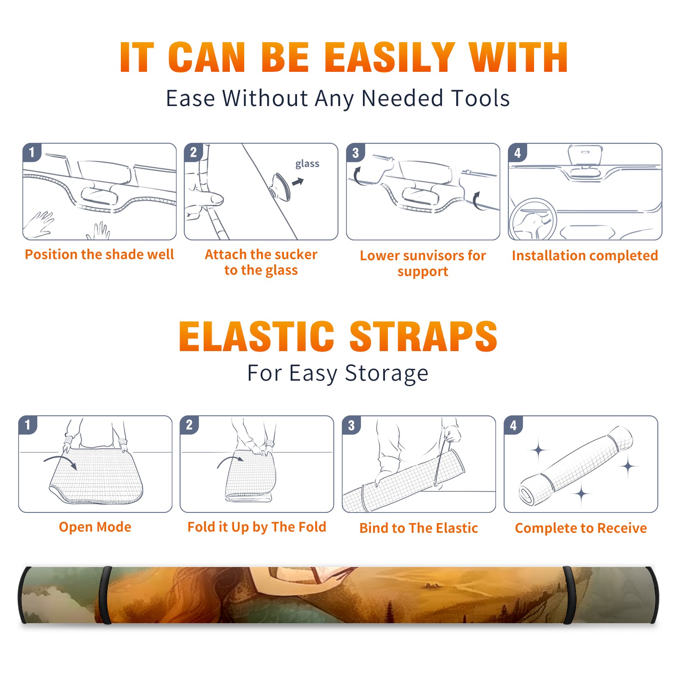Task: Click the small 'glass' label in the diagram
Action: click(x=307, y=164)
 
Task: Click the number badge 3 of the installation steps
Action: click(x=355, y=153)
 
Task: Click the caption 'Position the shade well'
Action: click(x=99, y=254)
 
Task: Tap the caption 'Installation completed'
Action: click(x=585, y=256)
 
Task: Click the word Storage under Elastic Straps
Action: click(x=387, y=373)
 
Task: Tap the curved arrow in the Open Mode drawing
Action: click(x=60, y=461)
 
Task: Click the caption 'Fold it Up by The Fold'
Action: click(x=257, y=527)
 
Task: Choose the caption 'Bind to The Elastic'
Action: click(x=419, y=528)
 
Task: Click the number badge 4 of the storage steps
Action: click(x=513, y=425)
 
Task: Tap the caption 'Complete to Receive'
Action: click(x=581, y=528)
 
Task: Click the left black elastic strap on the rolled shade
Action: click(x=105, y=595)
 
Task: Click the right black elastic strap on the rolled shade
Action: click(x=569, y=595)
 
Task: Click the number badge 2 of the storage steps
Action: click(x=189, y=425)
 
